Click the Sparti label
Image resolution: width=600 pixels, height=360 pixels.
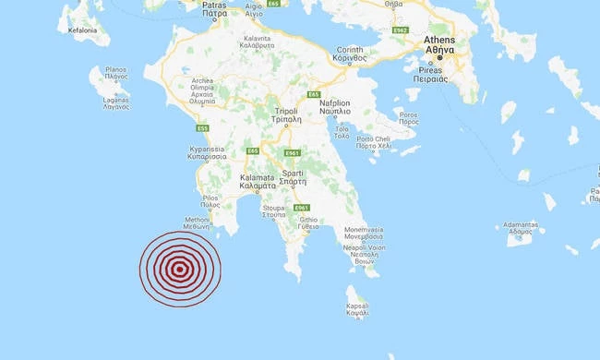(x=295, y=175)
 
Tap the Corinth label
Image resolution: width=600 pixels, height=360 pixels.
(x=351, y=51)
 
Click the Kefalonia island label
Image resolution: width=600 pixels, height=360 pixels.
(x=83, y=30)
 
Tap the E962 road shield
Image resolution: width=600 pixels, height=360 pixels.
(x=399, y=30)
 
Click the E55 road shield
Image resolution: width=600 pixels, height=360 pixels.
(x=202, y=128)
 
